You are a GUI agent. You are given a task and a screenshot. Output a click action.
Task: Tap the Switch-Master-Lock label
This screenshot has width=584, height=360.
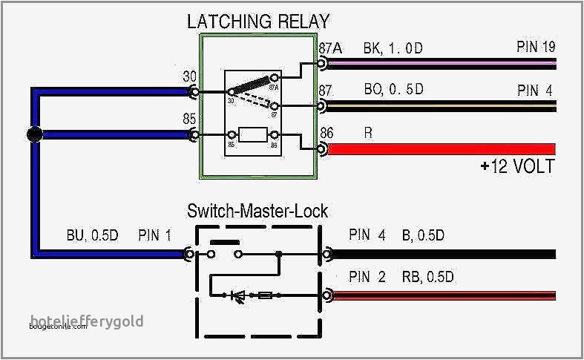[x=257, y=212]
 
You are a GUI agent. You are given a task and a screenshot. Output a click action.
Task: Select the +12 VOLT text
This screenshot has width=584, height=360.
[x=516, y=166]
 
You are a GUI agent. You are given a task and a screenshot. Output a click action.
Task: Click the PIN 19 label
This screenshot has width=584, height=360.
[x=536, y=48]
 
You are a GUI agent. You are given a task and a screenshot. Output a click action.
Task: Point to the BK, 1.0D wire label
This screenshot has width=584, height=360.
[x=393, y=49]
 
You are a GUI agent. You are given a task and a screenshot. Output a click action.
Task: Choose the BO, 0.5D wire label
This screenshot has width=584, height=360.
[x=393, y=90]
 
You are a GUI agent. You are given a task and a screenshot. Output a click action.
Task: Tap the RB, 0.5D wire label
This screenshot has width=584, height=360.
[x=428, y=278]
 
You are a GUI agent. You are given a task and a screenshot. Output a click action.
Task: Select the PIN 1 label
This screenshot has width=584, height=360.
[x=154, y=236]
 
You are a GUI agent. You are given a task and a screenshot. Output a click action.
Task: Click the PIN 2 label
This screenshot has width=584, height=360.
[x=367, y=278]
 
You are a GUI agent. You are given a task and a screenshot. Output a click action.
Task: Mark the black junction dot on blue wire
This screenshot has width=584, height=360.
[x=33, y=134]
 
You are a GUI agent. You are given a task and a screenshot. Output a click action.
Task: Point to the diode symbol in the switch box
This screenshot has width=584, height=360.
[x=239, y=295]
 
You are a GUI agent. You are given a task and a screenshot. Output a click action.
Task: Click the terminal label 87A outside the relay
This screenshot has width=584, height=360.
[x=330, y=49]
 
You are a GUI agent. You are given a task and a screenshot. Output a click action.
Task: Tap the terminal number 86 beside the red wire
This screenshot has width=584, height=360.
[x=327, y=133]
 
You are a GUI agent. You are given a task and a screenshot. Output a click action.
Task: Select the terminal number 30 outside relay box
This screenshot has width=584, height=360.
[x=190, y=77]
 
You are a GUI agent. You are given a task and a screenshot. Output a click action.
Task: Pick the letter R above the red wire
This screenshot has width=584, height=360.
[x=368, y=133]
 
